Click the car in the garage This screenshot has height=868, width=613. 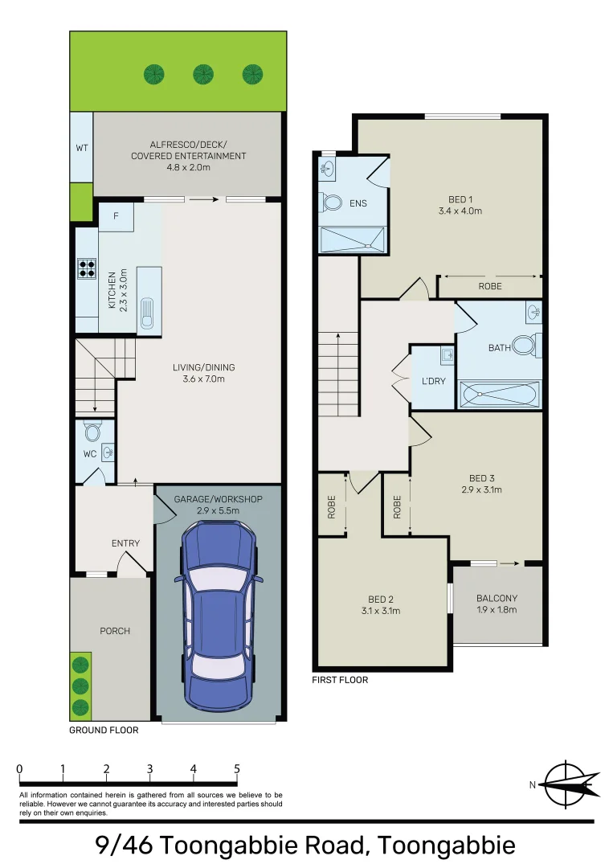[218, 611]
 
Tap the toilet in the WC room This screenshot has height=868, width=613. [92, 434]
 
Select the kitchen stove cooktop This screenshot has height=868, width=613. [86, 267]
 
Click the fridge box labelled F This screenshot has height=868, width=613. [116, 216]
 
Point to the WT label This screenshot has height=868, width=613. [81, 149]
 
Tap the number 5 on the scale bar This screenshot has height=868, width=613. [236, 768]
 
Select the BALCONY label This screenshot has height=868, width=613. [497, 598]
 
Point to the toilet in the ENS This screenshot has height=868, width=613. [331, 202]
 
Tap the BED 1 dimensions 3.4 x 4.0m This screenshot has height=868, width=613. [459, 211]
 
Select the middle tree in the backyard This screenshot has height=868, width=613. [203, 75]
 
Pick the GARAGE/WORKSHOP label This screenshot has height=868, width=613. [218, 500]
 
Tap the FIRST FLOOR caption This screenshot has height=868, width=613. [339, 680]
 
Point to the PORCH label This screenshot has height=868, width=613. [114, 631]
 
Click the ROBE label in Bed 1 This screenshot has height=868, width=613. [489, 286]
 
